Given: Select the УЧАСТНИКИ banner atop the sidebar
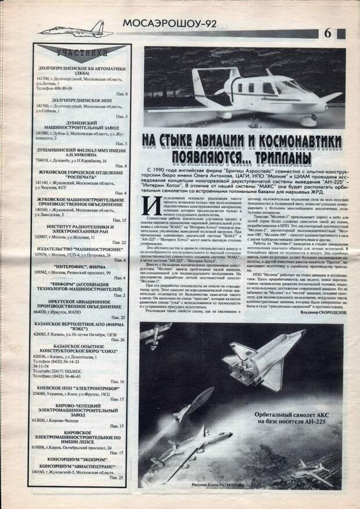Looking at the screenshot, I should pyautogui.click(x=81, y=52).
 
